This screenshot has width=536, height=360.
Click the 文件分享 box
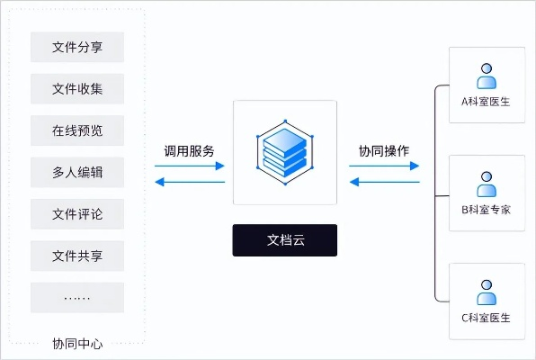pos(76,47)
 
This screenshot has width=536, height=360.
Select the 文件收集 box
pos(76,88)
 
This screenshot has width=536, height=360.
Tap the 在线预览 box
pos(76,130)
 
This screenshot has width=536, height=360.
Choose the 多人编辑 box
pos(76,172)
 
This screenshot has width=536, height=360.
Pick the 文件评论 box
pos(76,214)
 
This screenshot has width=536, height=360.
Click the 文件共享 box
pos(76,256)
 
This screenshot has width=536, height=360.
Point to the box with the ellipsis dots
pos(76,297)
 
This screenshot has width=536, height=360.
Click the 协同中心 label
pos(76,343)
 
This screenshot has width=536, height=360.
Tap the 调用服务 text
pos(189,150)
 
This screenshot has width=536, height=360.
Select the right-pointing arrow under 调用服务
pos(190,166)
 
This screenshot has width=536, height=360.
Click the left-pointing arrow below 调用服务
pos(190,182)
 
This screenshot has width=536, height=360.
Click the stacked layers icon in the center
pos(285,152)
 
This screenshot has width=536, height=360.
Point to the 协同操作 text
pos(384,150)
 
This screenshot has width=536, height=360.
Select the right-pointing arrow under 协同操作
pos(384,166)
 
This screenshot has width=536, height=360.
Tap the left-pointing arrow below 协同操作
pos(384,182)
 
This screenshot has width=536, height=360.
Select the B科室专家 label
pos(487,210)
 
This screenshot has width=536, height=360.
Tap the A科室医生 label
pos(487,102)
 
